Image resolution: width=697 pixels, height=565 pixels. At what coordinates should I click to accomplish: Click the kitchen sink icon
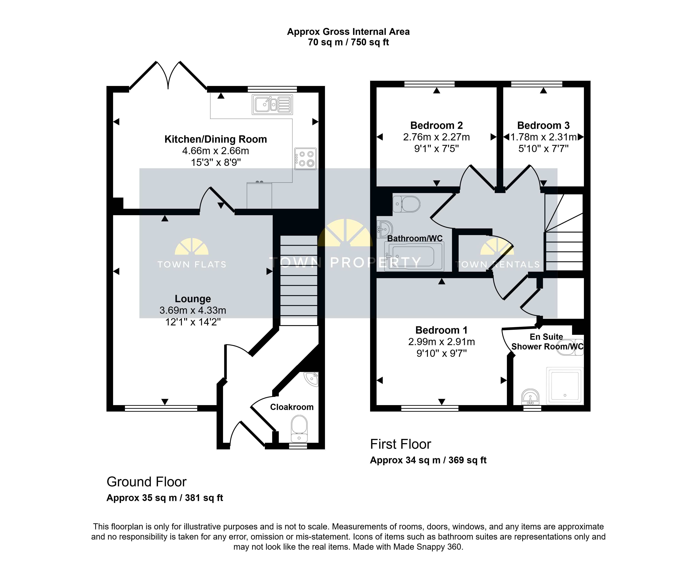[x=272, y=104]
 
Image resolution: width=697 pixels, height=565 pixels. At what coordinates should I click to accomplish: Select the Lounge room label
[x=193, y=299]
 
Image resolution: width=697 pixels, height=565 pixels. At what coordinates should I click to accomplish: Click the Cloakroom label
[x=292, y=407]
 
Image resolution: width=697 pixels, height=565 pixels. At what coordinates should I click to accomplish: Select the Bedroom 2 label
[x=436, y=125]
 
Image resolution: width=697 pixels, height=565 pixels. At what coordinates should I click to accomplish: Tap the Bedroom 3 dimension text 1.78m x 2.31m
[x=543, y=137]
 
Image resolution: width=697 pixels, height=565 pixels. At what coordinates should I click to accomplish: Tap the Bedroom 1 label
[x=441, y=330]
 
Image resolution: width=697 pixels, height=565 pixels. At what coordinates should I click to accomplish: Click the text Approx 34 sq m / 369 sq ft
[x=428, y=460]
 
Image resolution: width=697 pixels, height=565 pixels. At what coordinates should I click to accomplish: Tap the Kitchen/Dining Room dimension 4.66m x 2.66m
[x=216, y=151]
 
